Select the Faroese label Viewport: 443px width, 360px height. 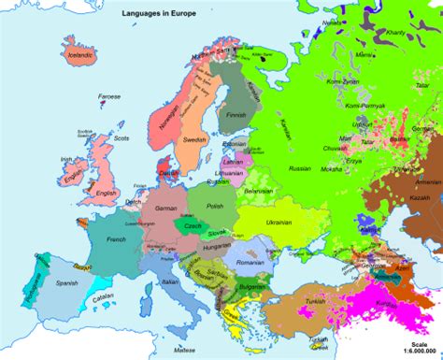click(110, 95)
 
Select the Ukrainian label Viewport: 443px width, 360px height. click(279, 224)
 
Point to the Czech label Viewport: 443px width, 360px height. click(192, 227)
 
